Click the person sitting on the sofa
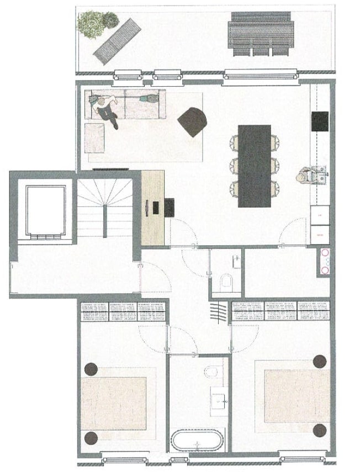coord(107,109)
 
